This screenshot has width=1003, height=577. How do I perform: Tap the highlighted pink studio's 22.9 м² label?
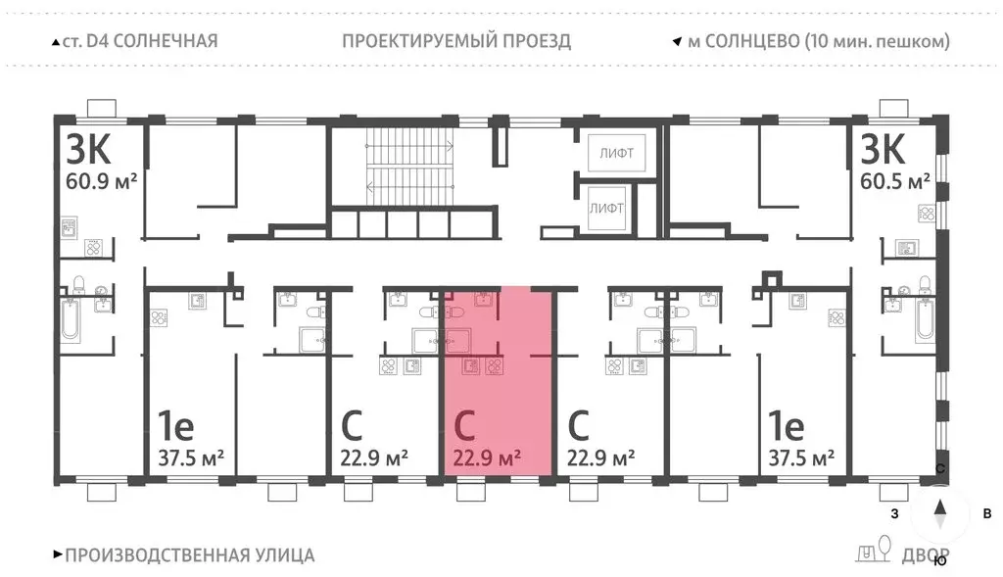click(487, 457)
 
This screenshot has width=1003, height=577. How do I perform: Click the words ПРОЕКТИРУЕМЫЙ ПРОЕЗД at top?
click(456, 41)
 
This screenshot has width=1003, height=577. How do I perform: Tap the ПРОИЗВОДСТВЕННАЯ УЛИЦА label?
click(189, 554)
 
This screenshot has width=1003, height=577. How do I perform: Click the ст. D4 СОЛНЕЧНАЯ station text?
click(138, 41)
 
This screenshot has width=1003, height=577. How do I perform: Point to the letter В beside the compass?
click(988, 513)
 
